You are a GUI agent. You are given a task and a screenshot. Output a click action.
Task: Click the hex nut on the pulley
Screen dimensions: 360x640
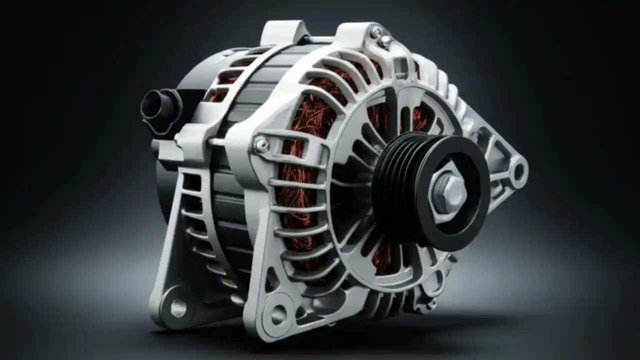coord(446,192)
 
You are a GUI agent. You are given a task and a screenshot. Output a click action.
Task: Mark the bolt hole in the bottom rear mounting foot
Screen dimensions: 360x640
coord(178,307)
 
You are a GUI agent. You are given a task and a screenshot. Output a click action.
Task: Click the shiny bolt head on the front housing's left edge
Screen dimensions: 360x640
coord(260,145)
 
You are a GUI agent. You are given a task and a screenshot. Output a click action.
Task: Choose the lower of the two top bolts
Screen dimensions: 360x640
coord(385,41)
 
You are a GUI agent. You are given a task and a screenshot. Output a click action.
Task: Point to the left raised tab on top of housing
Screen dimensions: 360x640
coord(282,32)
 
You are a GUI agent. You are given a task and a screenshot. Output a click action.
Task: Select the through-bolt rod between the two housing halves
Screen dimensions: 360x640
coord(217,142)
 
